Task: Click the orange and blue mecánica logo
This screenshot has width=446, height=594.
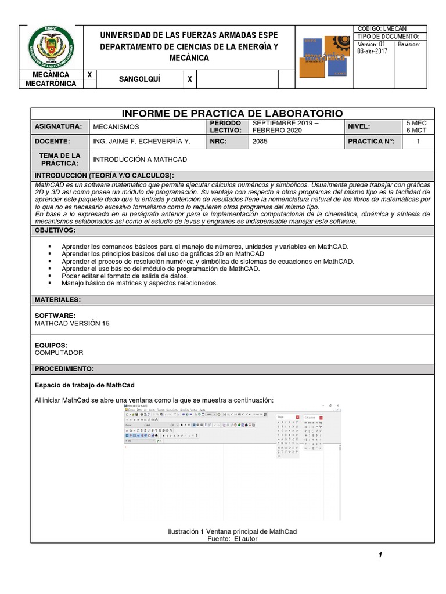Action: pyautogui.click(x=326, y=56)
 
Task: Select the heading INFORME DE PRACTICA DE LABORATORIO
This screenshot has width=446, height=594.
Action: pyautogui.click(x=232, y=113)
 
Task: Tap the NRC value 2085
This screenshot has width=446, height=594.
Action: pyautogui.click(x=260, y=141)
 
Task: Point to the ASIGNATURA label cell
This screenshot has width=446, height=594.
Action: pyautogui.click(x=60, y=126)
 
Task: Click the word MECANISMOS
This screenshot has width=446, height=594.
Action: pyautogui.click(x=116, y=126)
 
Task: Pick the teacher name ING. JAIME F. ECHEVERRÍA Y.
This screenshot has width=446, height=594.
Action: pyautogui.click(x=142, y=141)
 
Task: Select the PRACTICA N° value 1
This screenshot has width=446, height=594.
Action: pyautogui.click(x=418, y=141)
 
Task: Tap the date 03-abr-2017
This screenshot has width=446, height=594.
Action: pyautogui.click(x=372, y=51)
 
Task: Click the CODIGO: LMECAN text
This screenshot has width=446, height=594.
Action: pyautogui.click(x=382, y=28)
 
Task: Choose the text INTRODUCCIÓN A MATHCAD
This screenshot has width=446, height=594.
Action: pyautogui.click(x=140, y=160)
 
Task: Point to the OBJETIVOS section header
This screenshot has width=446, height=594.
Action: pyautogui.click(x=55, y=230)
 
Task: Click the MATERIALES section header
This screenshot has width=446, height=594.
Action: pyautogui.click(x=57, y=300)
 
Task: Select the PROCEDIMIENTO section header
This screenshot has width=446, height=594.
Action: pyautogui.click(x=64, y=369)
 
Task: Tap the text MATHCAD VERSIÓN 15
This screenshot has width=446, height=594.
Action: pyautogui.click(x=72, y=323)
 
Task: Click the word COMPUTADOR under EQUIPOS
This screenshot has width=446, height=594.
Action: pyautogui.click(x=59, y=353)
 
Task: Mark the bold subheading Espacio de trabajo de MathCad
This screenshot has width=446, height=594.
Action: pyautogui.click(x=85, y=385)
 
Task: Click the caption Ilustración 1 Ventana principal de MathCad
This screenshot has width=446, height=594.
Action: pyautogui.click(x=232, y=531)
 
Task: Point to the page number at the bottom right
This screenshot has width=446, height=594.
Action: pyautogui.click(x=380, y=556)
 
